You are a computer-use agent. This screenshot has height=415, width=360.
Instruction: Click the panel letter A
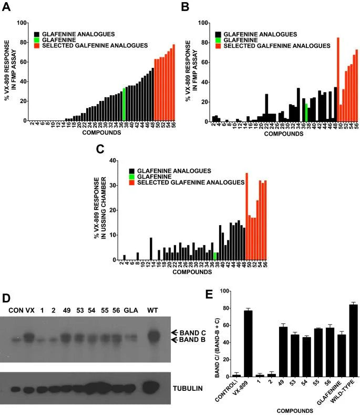(x=8, y=7)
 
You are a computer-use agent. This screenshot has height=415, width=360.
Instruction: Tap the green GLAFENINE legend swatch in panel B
(x=217, y=40)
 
